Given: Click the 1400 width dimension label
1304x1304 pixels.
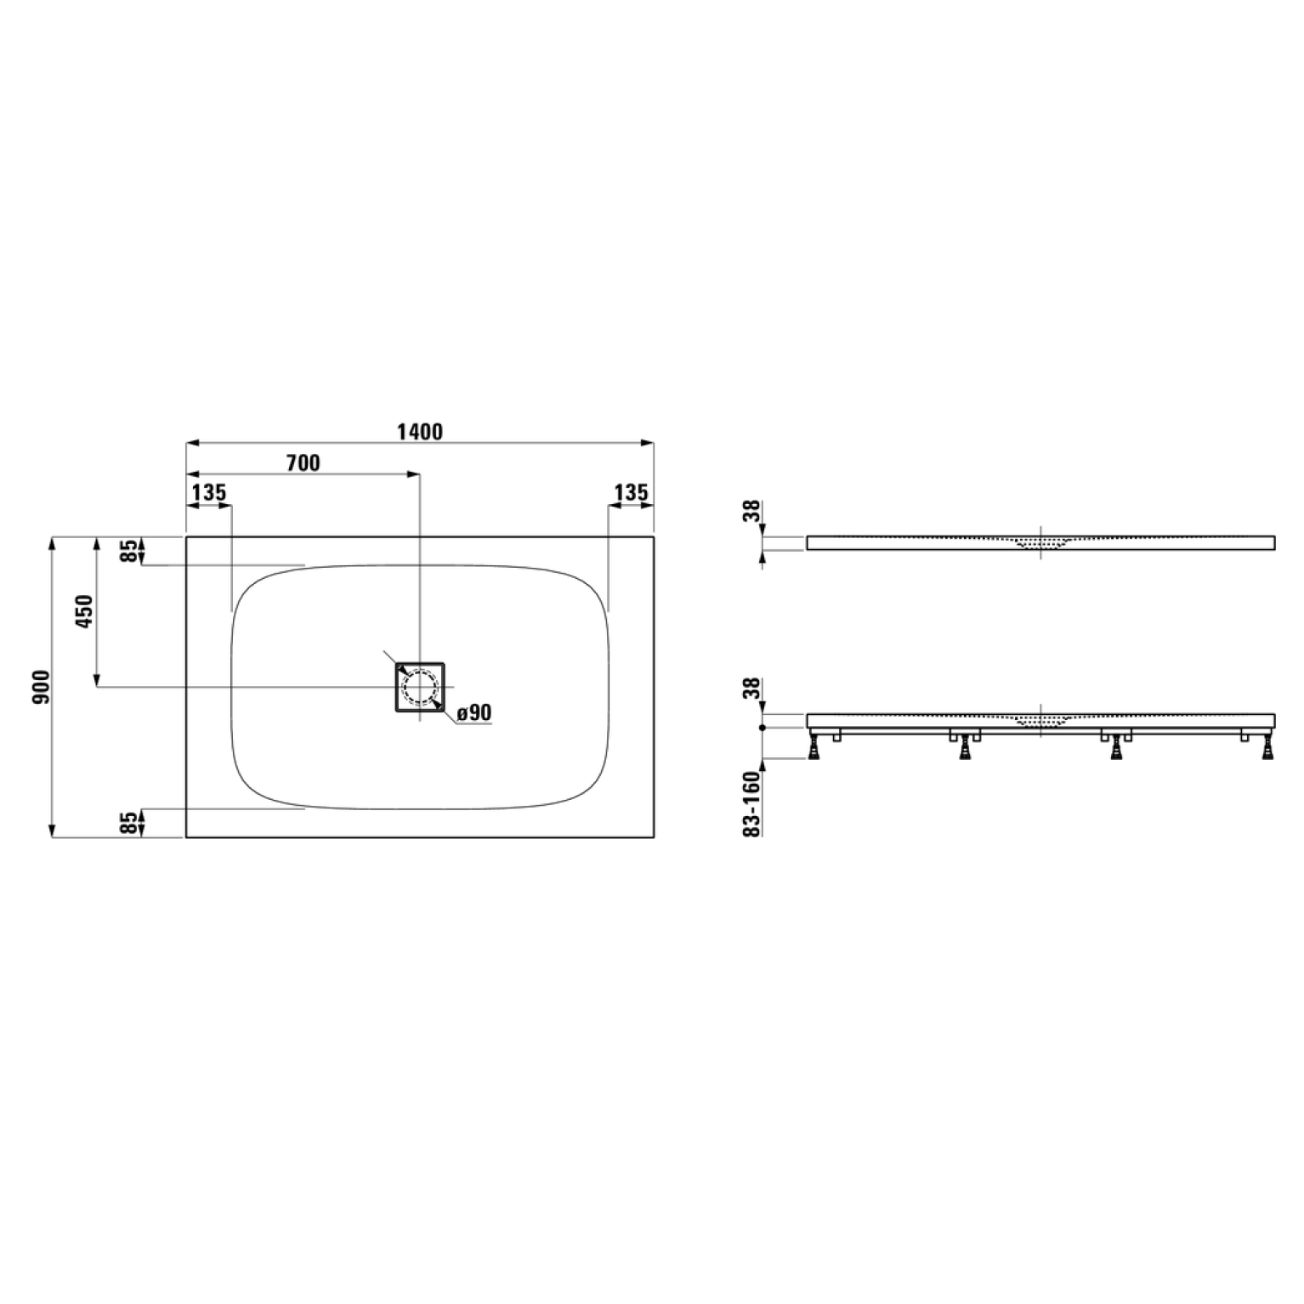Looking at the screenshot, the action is (420, 432).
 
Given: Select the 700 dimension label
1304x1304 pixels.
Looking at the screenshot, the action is (303, 462).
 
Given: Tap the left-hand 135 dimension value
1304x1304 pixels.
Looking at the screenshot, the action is (208, 492).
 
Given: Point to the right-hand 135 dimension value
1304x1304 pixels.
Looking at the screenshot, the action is (631, 492).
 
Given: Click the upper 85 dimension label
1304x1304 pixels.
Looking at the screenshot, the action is (128, 551).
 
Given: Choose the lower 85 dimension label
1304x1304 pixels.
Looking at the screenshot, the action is (128, 823).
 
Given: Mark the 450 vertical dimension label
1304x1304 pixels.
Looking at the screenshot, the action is (84, 611).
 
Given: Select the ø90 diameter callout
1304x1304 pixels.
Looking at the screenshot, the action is (474, 712).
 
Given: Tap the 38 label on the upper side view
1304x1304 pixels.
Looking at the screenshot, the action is (749, 513).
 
